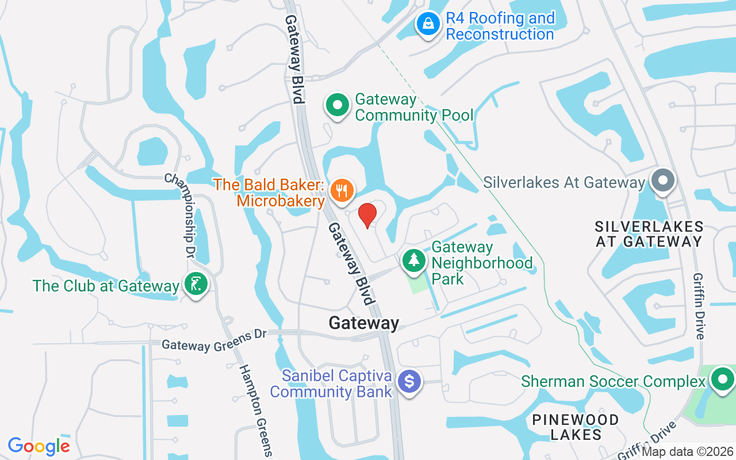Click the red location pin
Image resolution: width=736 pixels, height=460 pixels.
(x=367, y=216)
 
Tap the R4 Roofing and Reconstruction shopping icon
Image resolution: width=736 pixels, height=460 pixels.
(x=428, y=24)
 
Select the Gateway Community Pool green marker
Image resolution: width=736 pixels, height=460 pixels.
(x=338, y=106)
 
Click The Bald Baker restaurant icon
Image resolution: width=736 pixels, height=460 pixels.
(x=343, y=190)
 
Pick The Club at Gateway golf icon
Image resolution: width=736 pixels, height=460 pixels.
(x=195, y=285)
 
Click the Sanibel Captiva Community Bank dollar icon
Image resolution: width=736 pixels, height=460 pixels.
(x=409, y=382)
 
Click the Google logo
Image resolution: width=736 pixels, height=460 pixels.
(x=39, y=446)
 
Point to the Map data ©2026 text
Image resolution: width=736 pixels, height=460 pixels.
(x=687, y=451)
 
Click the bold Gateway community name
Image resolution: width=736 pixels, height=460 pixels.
(x=363, y=323)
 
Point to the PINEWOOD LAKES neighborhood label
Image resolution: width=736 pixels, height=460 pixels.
(x=576, y=427)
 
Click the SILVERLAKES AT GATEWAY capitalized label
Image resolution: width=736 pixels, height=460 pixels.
(x=649, y=234)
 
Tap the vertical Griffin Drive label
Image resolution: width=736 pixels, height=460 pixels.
(x=700, y=305)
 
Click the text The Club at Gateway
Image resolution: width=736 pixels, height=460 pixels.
(x=106, y=286)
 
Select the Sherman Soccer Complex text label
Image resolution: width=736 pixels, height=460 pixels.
(x=613, y=381)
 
